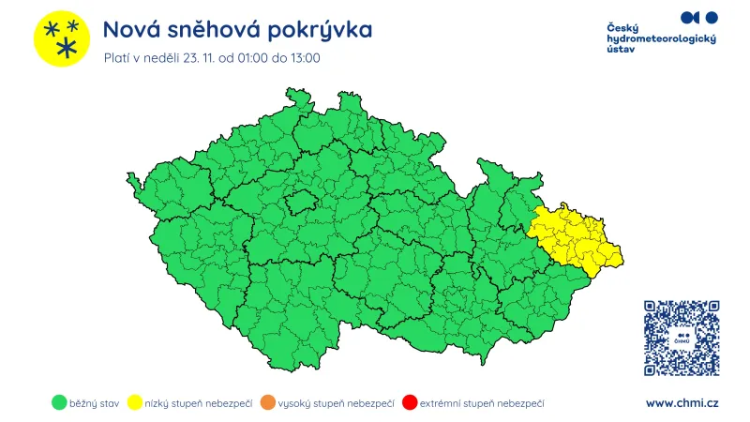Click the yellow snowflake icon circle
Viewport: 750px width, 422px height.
click(x=62, y=38)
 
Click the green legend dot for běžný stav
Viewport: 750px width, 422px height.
click(x=58, y=403)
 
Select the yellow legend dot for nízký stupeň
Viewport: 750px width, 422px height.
click(x=135, y=403)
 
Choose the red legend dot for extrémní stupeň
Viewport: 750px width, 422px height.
click(x=408, y=403)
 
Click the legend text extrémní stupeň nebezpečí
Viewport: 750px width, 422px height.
click(x=482, y=403)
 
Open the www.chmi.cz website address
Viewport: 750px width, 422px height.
click(x=682, y=403)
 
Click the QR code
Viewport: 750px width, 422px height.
click(x=682, y=338)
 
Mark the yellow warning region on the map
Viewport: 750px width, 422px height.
click(x=574, y=236)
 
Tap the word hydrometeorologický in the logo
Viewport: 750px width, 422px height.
click(x=661, y=38)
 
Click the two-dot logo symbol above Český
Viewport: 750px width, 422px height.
click(x=698, y=17)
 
